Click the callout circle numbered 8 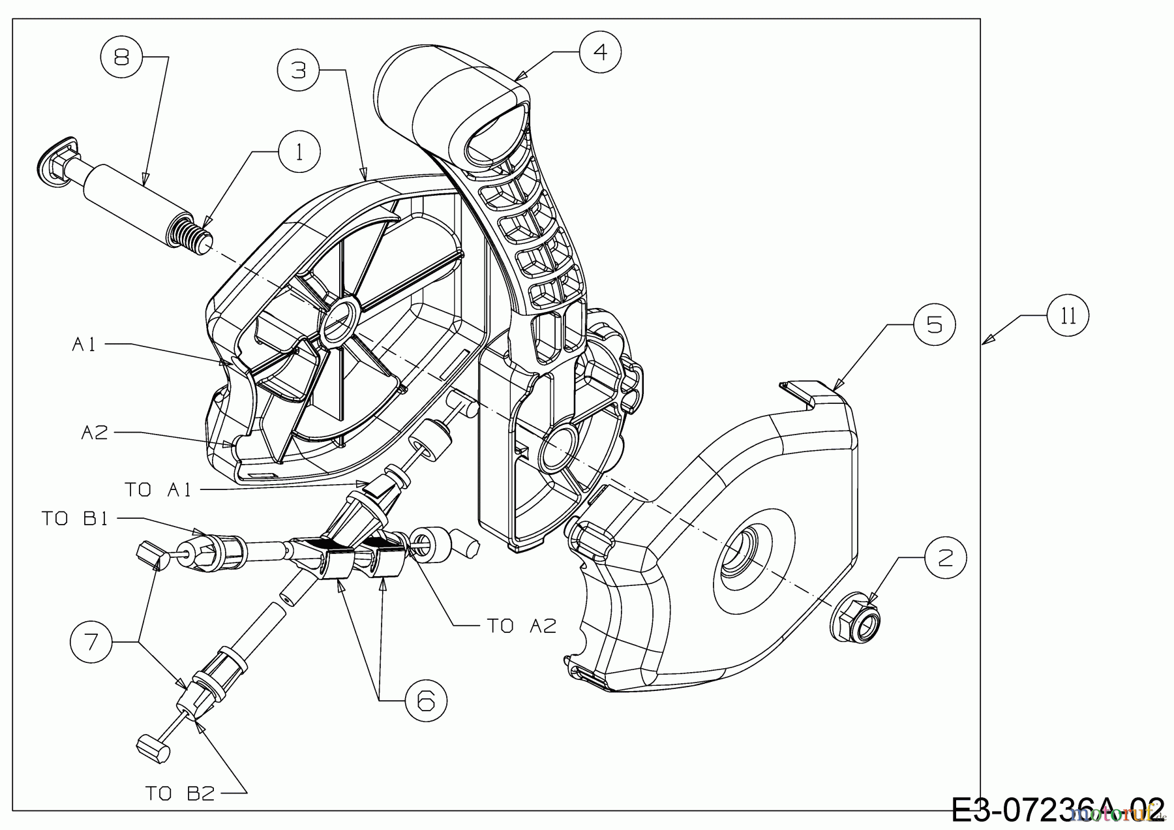click(x=121, y=57)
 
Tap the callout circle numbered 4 click(x=600, y=51)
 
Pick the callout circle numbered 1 click(x=299, y=151)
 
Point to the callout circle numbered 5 click(x=934, y=324)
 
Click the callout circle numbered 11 click(x=1068, y=316)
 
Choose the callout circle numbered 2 click(x=944, y=557)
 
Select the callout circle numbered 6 click(x=425, y=700)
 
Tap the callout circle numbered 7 click(x=92, y=641)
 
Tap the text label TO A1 click(x=158, y=489)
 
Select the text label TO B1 click(x=74, y=519)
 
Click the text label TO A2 click(x=522, y=626)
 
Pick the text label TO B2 click(x=179, y=793)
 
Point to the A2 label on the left click(x=95, y=432)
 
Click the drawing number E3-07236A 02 click(x=1057, y=810)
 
